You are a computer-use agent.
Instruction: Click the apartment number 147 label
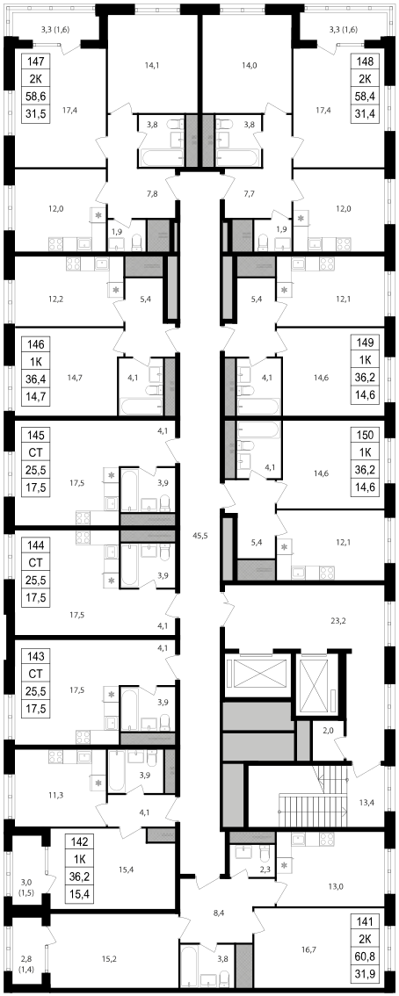pyautogui.click(x=35, y=62)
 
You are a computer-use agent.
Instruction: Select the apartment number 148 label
pyautogui.click(x=363, y=62)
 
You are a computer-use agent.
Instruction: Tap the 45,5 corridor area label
pyautogui.click(x=199, y=535)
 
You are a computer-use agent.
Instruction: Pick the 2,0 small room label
pyautogui.click(x=328, y=731)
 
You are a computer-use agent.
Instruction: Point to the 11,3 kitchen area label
pyautogui.click(x=55, y=794)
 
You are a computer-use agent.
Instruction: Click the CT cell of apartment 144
pyautogui.click(x=35, y=563)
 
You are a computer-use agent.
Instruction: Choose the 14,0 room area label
pyautogui.click(x=250, y=63)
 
